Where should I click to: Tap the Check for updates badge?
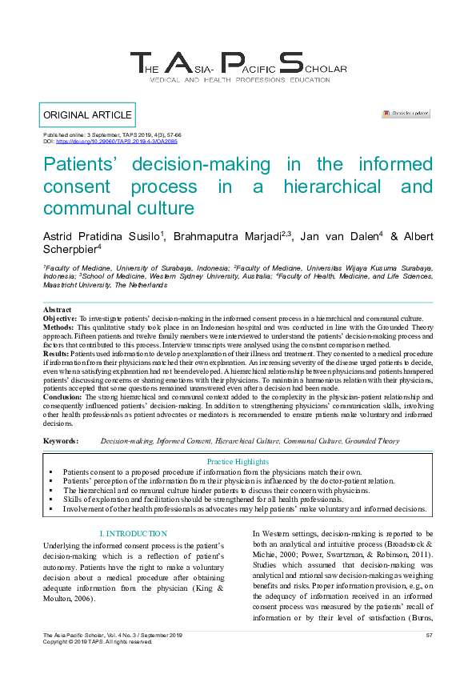(406, 114)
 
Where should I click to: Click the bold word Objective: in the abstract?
(60, 319)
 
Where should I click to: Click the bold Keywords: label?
(61, 441)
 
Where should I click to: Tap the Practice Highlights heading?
(238, 462)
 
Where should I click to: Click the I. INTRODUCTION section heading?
(134, 533)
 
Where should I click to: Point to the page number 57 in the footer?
(429, 636)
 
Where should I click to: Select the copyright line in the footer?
(97, 642)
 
